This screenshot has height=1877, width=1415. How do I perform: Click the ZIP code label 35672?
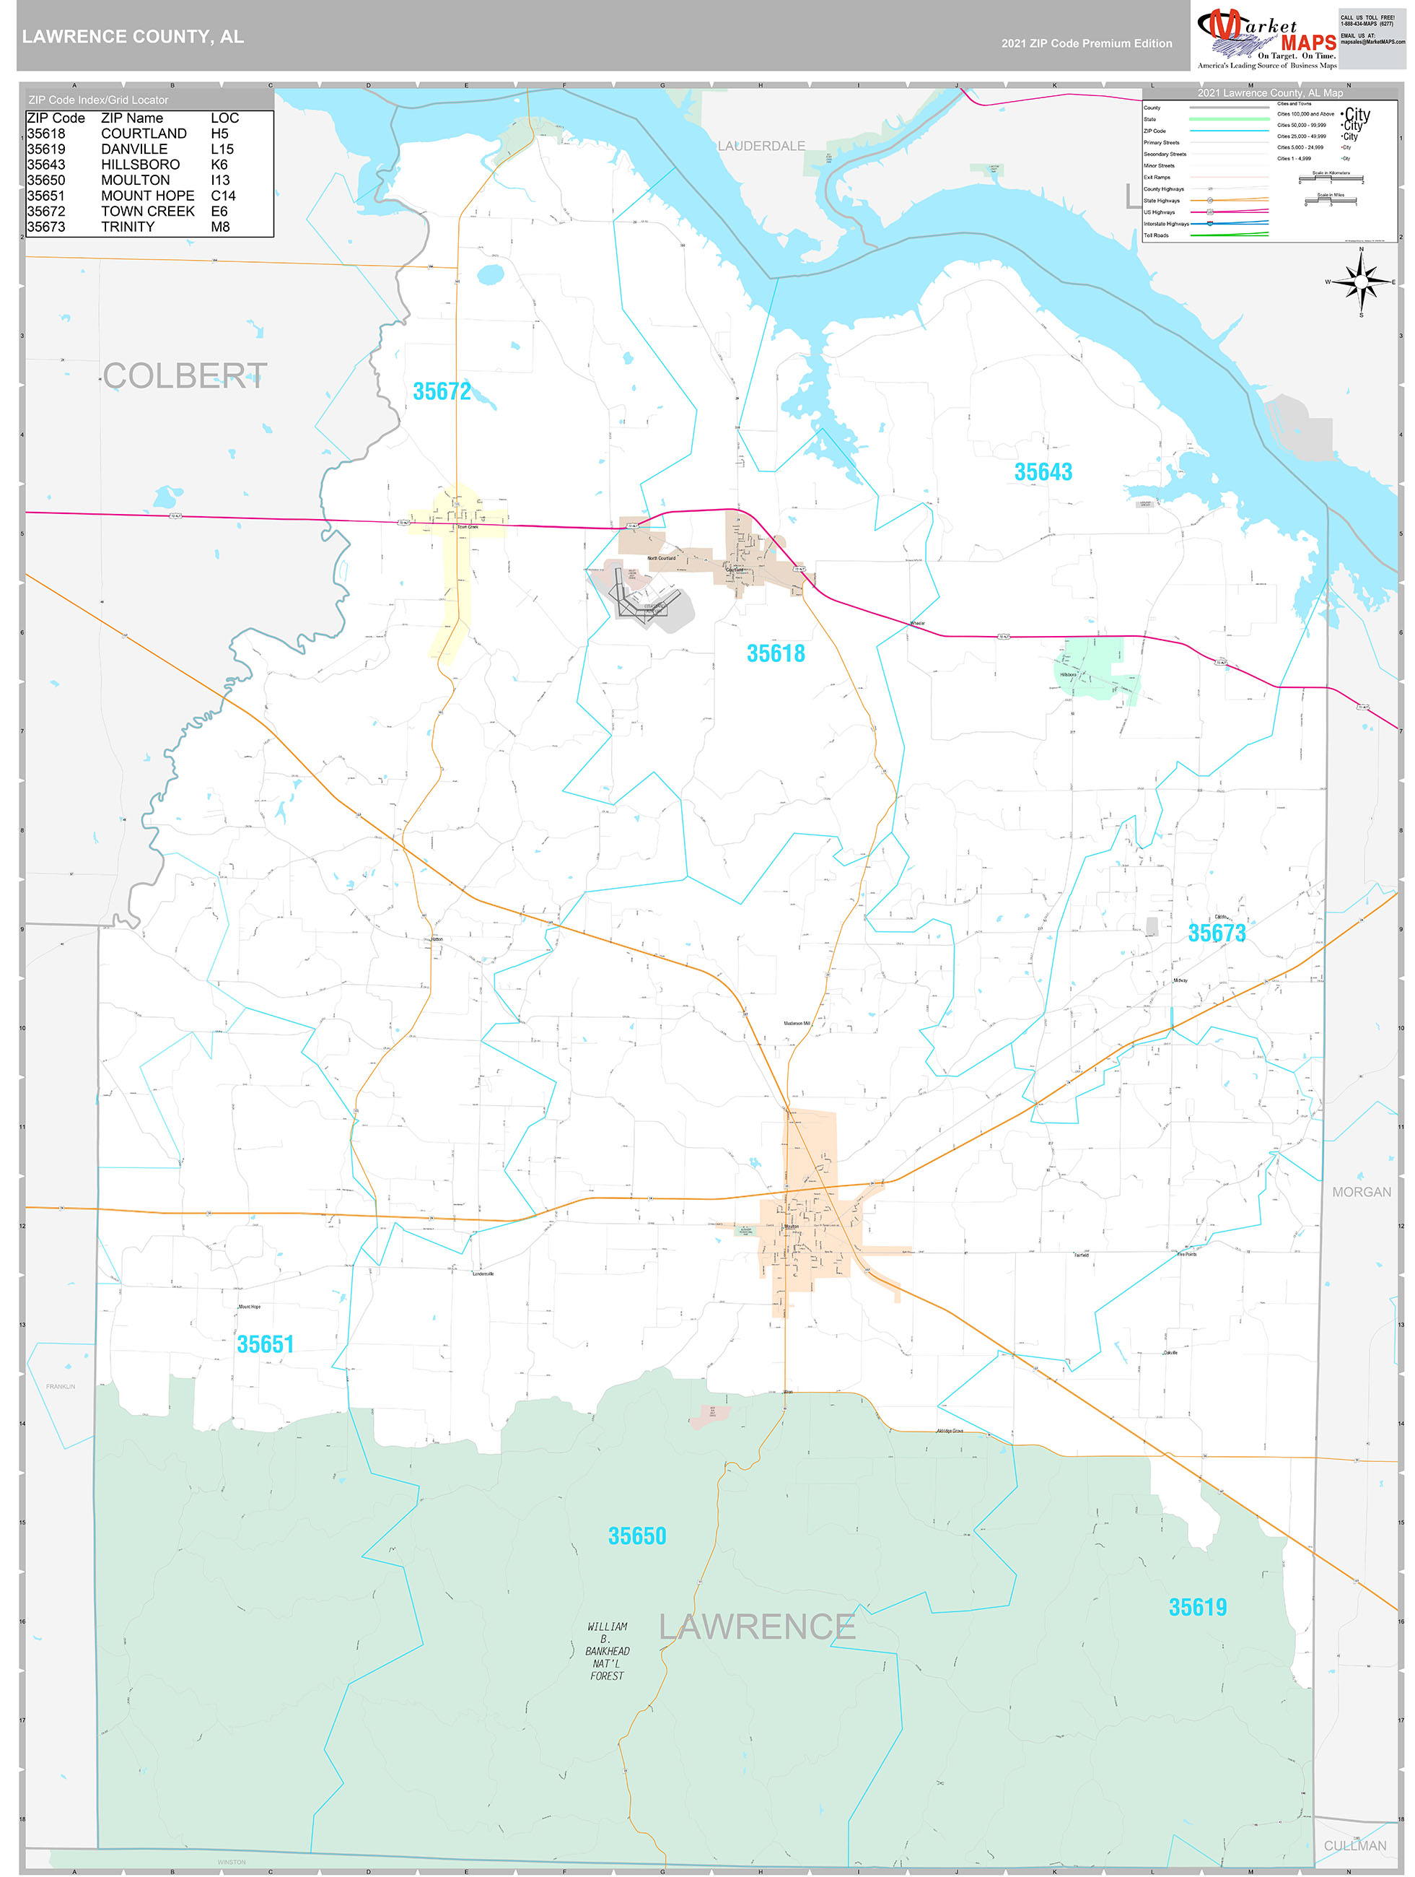click(x=441, y=391)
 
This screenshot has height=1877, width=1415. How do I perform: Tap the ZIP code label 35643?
click(x=1043, y=472)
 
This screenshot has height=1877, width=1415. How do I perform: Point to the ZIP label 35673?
click(x=1216, y=933)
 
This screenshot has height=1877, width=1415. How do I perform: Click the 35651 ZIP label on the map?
click(x=265, y=1344)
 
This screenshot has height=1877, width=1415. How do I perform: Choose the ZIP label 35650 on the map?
click(x=636, y=1536)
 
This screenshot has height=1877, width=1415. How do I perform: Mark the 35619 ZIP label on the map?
click(x=1197, y=1607)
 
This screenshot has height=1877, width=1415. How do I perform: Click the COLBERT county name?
click(x=185, y=376)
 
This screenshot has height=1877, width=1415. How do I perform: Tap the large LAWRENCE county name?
click(x=757, y=1626)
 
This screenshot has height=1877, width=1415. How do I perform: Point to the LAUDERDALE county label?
click(x=761, y=146)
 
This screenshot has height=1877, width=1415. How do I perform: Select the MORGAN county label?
click(x=1361, y=1192)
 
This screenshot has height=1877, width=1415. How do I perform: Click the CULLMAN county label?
click(x=1355, y=1846)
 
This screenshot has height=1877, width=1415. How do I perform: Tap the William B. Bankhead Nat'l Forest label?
click(x=608, y=1651)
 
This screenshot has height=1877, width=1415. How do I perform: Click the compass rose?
click(x=1361, y=281)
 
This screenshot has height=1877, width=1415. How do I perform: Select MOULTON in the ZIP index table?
click(x=135, y=180)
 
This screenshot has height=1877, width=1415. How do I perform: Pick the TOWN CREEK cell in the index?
click(x=148, y=212)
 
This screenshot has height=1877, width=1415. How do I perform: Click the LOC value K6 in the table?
click(x=219, y=165)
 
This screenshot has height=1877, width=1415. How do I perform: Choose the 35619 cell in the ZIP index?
click(x=45, y=149)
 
